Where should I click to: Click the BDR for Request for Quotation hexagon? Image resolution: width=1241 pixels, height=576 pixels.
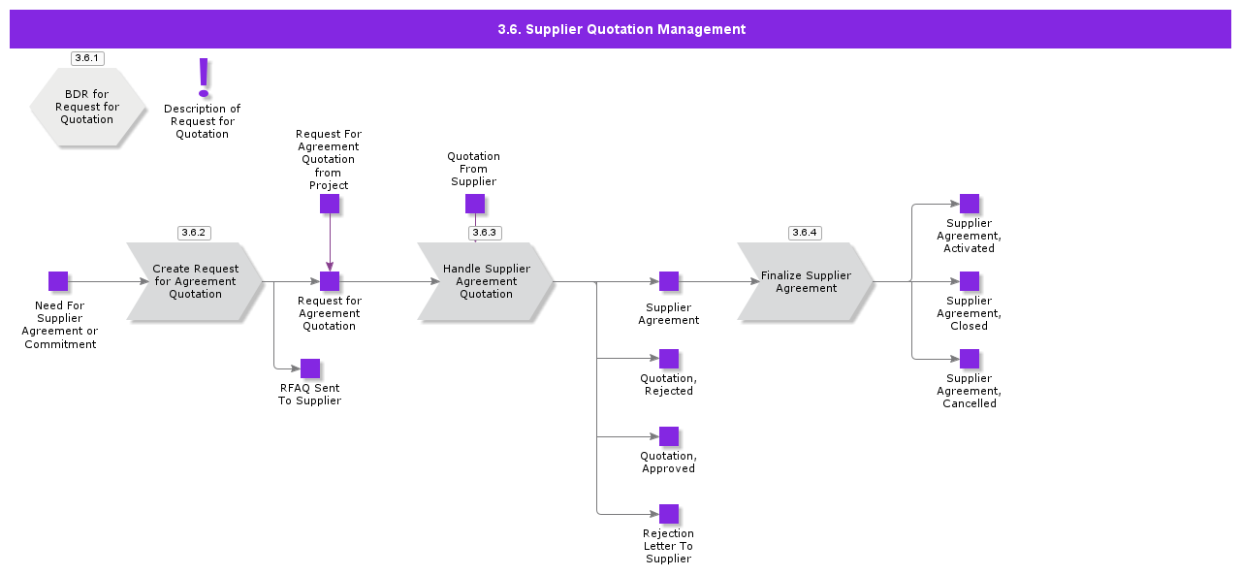coord(87,107)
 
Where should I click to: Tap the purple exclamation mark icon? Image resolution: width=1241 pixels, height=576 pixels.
coord(204,77)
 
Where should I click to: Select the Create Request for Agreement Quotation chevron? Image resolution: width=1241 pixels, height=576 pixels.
coord(195,281)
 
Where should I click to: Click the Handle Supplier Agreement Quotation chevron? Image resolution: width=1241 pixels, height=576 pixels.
coord(486,281)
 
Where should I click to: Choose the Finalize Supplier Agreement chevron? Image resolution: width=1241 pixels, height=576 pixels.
coord(806,281)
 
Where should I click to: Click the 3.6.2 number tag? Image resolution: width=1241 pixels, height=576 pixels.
coord(194,233)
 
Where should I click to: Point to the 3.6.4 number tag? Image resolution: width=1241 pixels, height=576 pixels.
coord(805,233)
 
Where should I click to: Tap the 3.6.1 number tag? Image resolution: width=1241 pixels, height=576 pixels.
coord(87,58)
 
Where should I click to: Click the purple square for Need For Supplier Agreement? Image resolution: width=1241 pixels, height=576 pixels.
coord(58,281)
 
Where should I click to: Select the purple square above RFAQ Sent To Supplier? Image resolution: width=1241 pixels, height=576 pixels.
coord(310,368)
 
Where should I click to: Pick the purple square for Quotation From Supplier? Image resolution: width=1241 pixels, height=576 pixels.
coord(475,204)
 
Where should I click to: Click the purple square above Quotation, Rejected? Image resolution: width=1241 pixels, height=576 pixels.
coord(669,359)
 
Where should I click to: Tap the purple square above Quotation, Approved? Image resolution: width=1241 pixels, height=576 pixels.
coord(669,436)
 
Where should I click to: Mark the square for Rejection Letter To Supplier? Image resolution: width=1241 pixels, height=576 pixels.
coord(669,514)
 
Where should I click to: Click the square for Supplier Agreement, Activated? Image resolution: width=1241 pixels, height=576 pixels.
coord(970,204)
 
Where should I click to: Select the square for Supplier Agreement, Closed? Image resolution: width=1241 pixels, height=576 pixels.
coord(970,281)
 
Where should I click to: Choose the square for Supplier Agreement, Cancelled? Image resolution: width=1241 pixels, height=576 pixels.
coord(970,359)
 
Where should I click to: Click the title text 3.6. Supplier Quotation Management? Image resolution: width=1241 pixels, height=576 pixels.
coord(621,29)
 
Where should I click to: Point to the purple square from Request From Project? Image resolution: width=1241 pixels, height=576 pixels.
coord(330,204)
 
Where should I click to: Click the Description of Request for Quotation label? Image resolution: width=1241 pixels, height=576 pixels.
coord(203,121)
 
